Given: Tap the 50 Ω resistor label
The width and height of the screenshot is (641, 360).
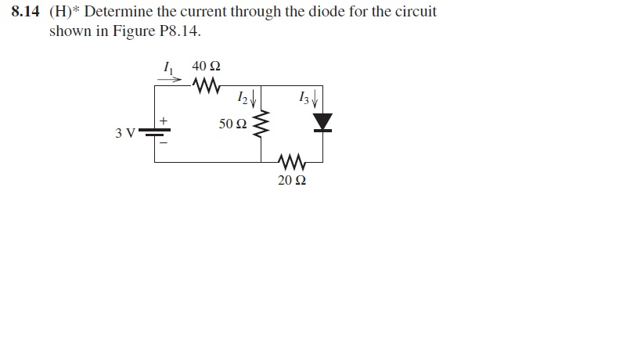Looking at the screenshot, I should (232, 124).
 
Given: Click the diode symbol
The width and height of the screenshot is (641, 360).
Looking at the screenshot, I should (322, 123).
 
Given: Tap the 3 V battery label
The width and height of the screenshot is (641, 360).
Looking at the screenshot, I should (125, 132).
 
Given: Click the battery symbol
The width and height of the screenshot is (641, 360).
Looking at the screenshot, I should (155, 132).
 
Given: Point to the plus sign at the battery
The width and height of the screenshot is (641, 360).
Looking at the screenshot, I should (164, 121).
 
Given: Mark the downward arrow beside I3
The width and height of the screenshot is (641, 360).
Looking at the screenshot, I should (315, 99).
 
